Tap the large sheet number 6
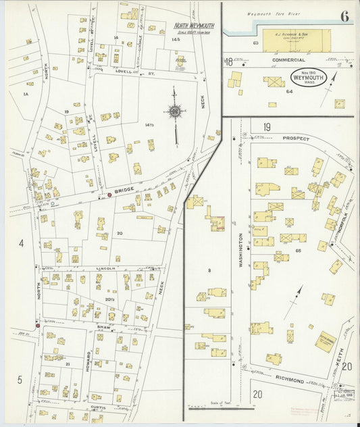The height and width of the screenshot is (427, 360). pyautogui.click(x=344, y=16)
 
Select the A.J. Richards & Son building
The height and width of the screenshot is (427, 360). pyautogui.click(x=296, y=39)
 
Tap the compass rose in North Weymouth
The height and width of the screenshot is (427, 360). pyautogui.click(x=176, y=111)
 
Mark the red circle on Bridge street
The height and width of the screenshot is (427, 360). pyautogui.click(x=109, y=195)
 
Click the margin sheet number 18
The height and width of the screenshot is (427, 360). pyautogui.click(x=229, y=61)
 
